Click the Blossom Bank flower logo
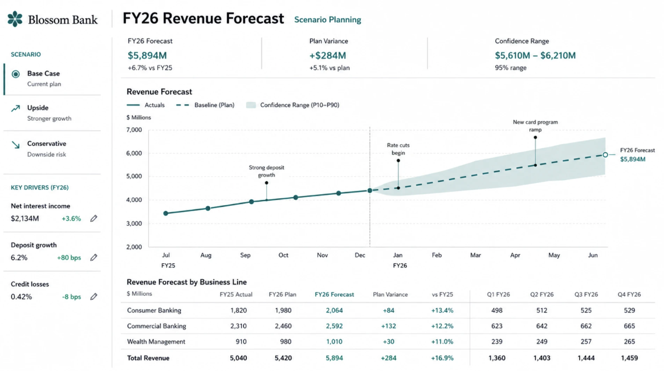(15, 19)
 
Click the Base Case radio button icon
(15, 74)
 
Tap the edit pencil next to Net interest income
(93, 218)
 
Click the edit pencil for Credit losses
(93, 297)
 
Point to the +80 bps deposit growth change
(69, 258)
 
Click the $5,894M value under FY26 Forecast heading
(147, 55)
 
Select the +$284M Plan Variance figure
(327, 55)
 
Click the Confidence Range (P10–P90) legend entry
(292, 105)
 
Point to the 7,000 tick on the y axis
(134, 130)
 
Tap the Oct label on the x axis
(283, 255)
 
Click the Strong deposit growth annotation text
(266, 171)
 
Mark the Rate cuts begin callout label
(398, 149)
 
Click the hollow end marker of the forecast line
(605, 155)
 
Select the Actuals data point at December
(370, 190)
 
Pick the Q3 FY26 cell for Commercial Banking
(586, 326)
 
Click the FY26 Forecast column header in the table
(334, 294)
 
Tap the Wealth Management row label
(156, 342)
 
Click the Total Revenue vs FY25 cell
(442, 358)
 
